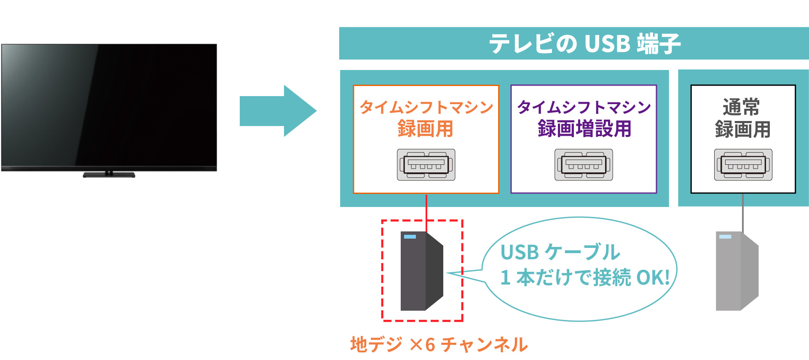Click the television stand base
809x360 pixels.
pyautogui.click(x=109, y=175)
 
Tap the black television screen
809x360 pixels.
pyautogui.click(x=109, y=105)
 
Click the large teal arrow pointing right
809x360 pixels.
pyautogui.click(x=278, y=111)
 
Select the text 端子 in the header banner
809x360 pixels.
pyautogui.click(x=659, y=43)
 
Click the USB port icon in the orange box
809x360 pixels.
pyautogui.click(x=426, y=165)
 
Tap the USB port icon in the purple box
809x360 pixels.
pyautogui.click(x=584, y=165)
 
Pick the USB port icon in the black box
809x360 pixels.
pyautogui.click(x=743, y=165)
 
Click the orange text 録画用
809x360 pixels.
pyautogui.click(x=426, y=129)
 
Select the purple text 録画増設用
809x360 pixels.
pyautogui.click(x=584, y=129)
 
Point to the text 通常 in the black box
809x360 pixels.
pyautogui.click(x=741, y=107)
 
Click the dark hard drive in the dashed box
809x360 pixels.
pyautogui.click(x=421, y=271)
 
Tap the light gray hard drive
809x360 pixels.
pyautogui.click(x=737, y=271)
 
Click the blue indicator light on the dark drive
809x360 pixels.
pyautogui.click(x=410, y=237)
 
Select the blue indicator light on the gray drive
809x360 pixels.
pyautogui.click(x=725, y=237)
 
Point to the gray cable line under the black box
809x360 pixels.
pyautogui.click(x=742, y=213)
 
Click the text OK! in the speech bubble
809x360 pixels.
pyautogui.click(x=652, y=277)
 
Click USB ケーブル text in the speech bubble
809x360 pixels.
pyautogui.click(x=560, y=252)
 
